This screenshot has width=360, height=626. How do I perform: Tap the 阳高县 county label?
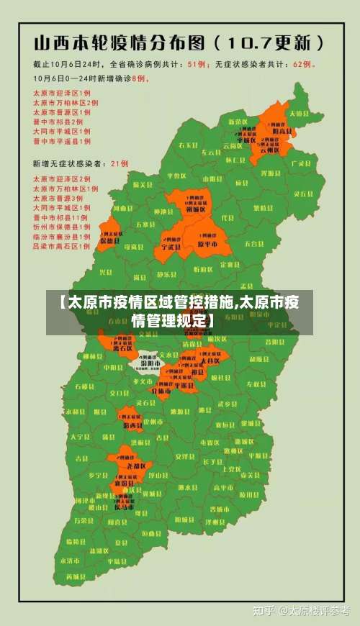282,132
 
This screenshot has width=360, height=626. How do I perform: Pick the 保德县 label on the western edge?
109,240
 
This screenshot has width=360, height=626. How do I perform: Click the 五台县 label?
254,243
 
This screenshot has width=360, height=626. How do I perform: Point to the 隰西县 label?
132,425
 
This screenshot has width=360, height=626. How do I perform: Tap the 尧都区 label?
136,466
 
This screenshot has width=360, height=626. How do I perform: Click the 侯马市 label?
124,507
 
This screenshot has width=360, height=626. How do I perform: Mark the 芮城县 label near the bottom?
74,576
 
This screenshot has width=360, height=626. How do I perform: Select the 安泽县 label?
186,455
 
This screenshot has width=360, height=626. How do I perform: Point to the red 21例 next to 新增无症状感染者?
120,163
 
